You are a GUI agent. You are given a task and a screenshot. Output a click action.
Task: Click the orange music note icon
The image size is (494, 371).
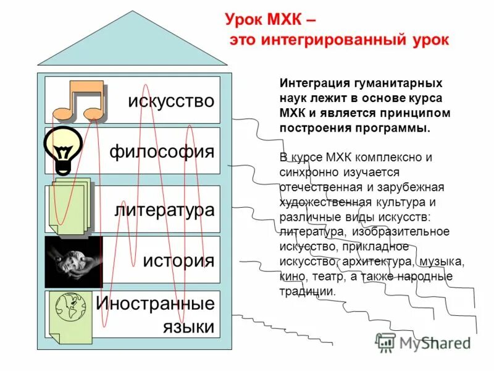[x=78, y=101]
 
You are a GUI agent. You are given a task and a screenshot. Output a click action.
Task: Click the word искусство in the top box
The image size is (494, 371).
[x=171, y=100]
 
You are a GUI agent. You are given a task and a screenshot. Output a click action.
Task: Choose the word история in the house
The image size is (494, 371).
[x=178, y=260]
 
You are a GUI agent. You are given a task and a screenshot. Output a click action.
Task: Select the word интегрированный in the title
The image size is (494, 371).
[x=336, y=40]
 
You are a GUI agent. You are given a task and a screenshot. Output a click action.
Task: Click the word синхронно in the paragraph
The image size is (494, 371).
[x=306, y=171]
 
